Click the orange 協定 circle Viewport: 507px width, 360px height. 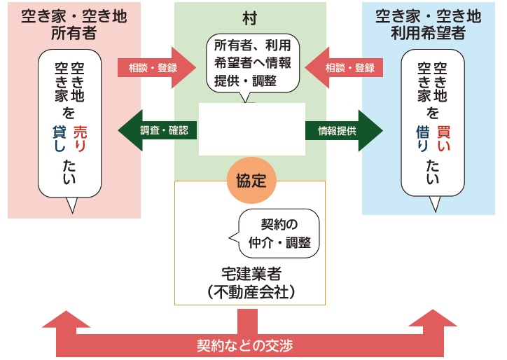point(249,181)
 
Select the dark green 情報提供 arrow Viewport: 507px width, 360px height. point(343,130)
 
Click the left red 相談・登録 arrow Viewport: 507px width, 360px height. point(155,68)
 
